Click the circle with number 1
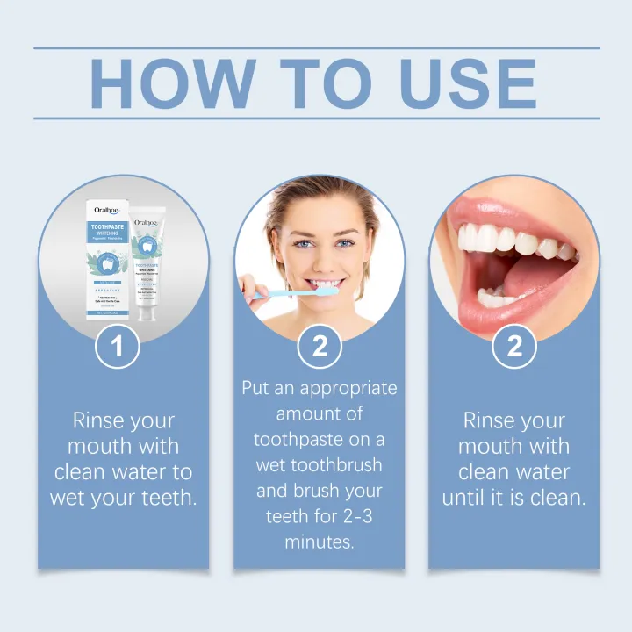118,346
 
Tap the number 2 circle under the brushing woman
320,346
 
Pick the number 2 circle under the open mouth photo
514,346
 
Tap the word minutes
320,542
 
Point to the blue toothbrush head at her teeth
323,289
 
